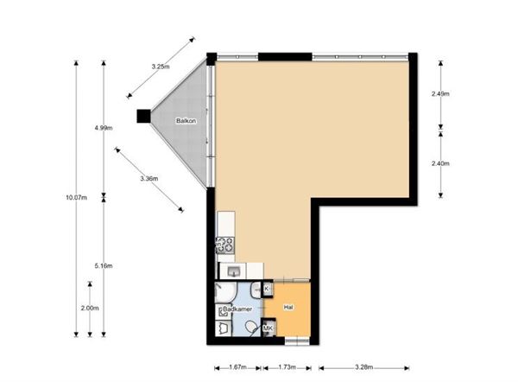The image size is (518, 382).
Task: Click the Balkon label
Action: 186,121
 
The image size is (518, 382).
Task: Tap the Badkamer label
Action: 237,309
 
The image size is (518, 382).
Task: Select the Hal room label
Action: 288,308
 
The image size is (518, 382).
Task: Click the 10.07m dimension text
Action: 76,198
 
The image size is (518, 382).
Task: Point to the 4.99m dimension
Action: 104,128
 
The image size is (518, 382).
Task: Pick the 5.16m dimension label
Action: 104,266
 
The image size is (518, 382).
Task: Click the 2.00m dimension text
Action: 90,309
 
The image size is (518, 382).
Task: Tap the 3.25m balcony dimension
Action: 161,67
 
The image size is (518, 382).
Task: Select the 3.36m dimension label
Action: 149,179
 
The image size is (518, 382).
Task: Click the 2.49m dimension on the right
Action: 440,94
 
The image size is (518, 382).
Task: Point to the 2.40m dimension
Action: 440,163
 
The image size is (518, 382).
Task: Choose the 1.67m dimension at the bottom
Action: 238,367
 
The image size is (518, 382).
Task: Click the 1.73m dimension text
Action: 287,367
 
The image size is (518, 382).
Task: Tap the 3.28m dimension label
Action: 364,367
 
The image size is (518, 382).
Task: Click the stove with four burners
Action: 225,245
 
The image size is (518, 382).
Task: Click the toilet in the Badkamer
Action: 252,328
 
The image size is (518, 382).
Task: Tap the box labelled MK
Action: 268,328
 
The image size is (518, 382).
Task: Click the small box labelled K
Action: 268,289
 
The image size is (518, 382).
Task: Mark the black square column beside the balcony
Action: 143,116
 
